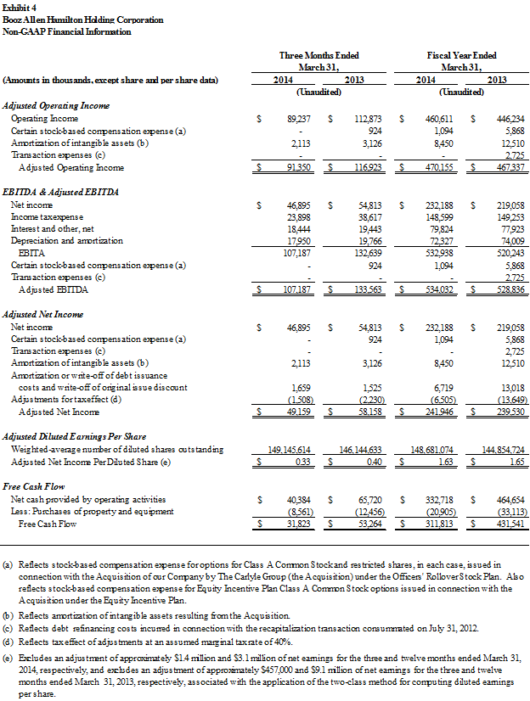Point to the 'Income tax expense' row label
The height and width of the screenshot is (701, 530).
47,217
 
